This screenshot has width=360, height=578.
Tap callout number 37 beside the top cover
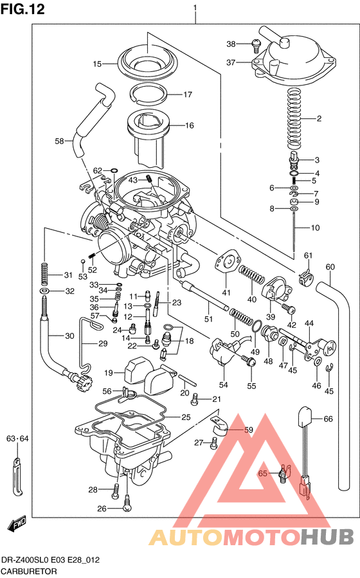pos(231,62)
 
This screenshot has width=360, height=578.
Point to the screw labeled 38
pos(255,44)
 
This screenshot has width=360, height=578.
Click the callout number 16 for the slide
pos(190,125)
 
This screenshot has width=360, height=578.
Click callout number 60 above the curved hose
pos(330,267)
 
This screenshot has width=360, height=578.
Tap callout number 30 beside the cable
pos(69,336)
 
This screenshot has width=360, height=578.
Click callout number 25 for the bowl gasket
pos(186,417)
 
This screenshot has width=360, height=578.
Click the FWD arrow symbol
pos(17,525)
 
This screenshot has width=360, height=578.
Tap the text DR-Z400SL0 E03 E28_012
pos(51,560)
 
